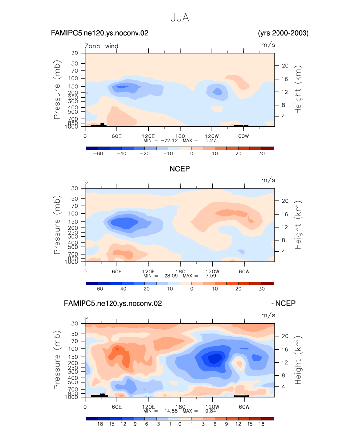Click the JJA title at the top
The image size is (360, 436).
pyautogui.click(x=180, y=18)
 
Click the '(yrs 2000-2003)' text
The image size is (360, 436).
pyautogui.click(x=283, y=33)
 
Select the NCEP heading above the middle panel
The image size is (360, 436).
pyautogui.click(x=180, y=169)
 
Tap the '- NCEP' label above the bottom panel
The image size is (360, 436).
pyautogui.click(x=283, y=303)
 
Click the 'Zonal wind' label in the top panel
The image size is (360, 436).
pyautogui.click(x=102, y=46)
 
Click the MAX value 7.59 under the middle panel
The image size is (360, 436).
pyautogui.click(x=211, y=276)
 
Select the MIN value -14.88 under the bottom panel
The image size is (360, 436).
pyautogui.click(x=169, y=411)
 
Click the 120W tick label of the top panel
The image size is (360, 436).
pyautogui.click(x=212, y=136)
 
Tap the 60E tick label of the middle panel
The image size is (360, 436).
pyautogui.click(x=117, y=272)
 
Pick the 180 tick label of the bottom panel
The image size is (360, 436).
pyautogui.click(x=180, y=407)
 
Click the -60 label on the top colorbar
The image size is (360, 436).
pyautogui.click(x=98, y=154)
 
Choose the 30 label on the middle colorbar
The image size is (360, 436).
pyautogui.click(x=261, y=289)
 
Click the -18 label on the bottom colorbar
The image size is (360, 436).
pyautogui.click(x=98, y=424)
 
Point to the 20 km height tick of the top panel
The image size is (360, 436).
pyautogui.click(x=285, y=66)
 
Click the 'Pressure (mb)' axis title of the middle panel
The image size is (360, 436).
pyautogui.click(x=57, y=225)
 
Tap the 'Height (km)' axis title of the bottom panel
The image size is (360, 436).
pyautogui.click(x=298, y=360)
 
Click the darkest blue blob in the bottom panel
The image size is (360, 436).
pyautogui.click(x=214, y=358)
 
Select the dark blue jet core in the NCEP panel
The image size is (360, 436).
pyautogui.click(x=125, y=223)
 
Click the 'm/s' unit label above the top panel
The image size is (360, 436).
pyautogui.click(x=268, y=45)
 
